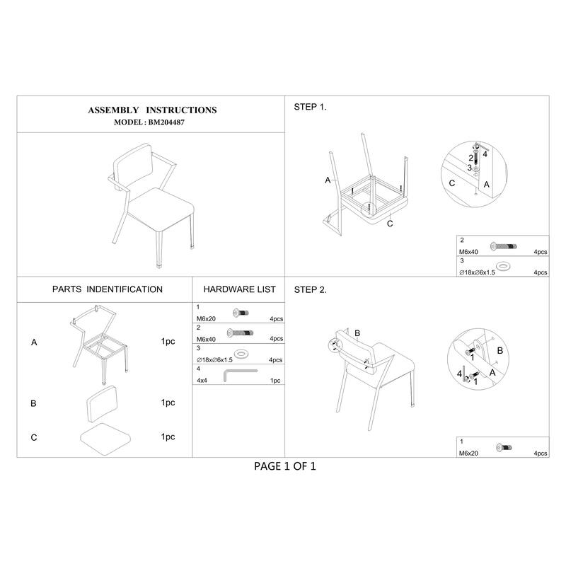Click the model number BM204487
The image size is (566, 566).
tap(166, 122)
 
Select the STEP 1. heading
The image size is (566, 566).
tap(310, 107)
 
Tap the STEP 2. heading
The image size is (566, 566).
tap(310, 290)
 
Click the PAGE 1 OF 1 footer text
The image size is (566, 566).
tap(285, 466)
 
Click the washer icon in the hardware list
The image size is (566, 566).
tap(240, 353)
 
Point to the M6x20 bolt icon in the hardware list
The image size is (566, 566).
tap(241, 313)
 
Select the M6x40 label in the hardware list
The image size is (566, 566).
tap(206, 340)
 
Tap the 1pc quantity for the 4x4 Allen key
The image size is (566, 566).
tap(275, 381)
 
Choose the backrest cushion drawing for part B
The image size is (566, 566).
tap(102, 403)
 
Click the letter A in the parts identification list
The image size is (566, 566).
tap(34, 342)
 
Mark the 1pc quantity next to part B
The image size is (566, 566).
tap(168, 403)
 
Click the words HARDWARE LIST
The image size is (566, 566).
tap(239, 289)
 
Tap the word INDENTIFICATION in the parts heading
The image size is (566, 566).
tap(125, 289)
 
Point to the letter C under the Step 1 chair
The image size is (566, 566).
tap(390, 224)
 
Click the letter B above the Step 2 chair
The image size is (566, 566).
tap(357, 333)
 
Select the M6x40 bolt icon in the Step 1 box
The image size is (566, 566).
tap(504, 246)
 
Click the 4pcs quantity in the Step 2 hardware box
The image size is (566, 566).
tap(541, 454)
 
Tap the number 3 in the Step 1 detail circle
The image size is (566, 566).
tap(469, 168)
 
